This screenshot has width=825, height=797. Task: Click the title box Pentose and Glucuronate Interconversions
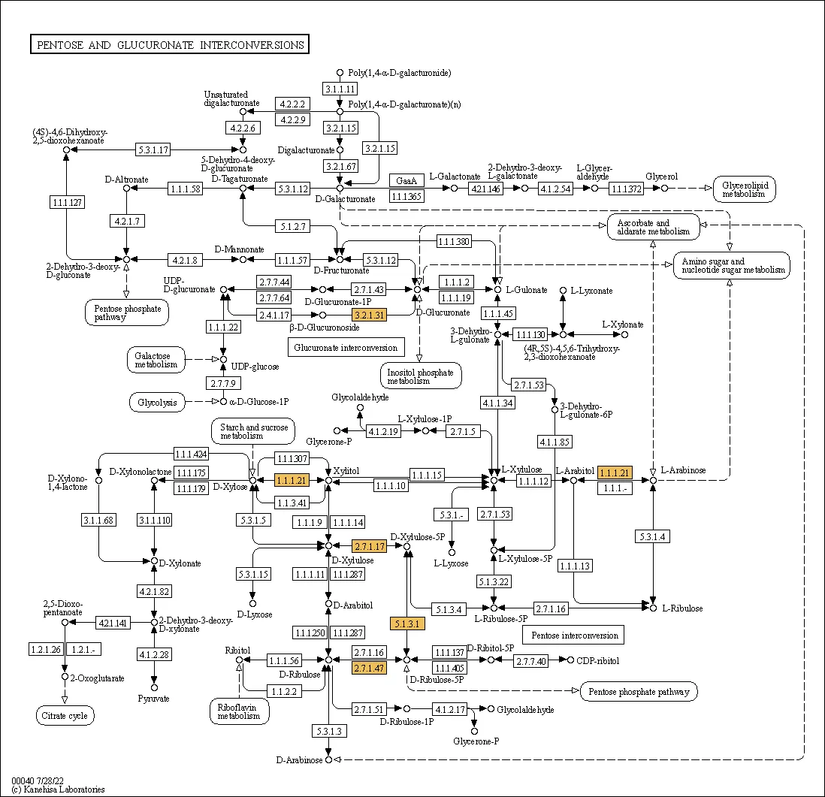click(170, 45)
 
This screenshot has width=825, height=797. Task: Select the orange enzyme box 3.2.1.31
click(369, 315)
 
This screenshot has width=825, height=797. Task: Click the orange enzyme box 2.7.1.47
click(369, 668)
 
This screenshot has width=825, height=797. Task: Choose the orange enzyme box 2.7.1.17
click(369, 546)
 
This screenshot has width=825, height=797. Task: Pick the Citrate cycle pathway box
click(65, 716)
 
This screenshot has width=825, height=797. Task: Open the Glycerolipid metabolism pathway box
click(744, 189)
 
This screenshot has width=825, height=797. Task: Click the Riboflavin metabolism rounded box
click(239, 711)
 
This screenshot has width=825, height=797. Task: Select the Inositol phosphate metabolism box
click(420, 376)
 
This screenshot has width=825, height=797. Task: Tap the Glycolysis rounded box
click(157, 403)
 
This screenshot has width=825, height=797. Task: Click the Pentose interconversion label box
click(575, 635)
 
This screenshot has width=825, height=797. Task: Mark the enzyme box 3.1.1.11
click(340, 89)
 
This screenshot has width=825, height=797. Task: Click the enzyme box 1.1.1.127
click(67, 202)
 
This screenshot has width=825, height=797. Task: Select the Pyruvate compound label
click(154, 699)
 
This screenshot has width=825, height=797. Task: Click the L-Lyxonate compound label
click(591, 291)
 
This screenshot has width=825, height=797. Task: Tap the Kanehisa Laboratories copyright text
click(58, 789)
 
